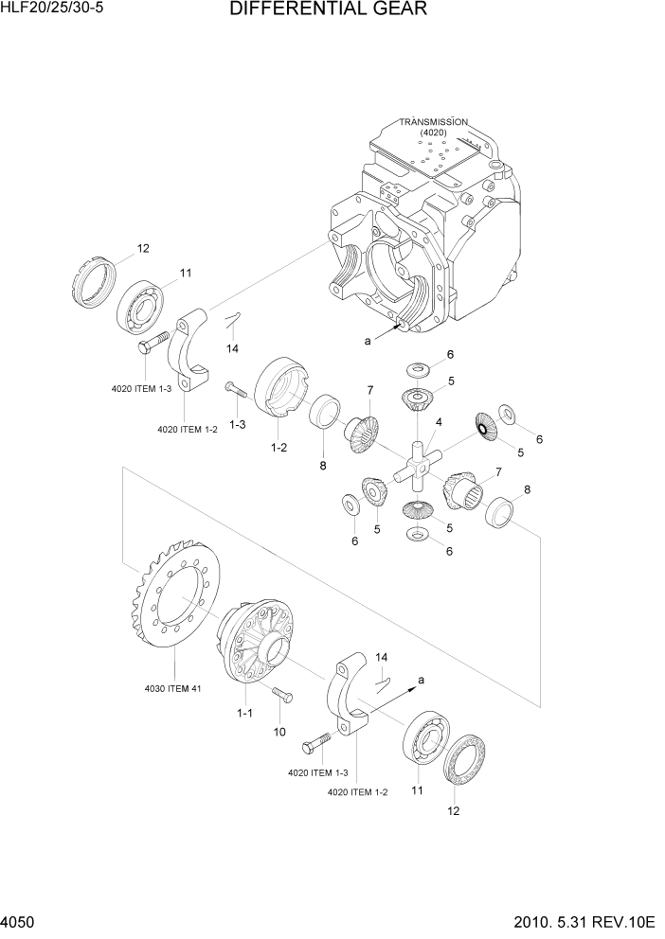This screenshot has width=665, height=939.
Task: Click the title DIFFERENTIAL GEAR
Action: (x=328, y=10)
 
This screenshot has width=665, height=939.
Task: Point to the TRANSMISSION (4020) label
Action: (x=433, y=128)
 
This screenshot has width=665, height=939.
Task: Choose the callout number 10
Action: (x=279, y=732)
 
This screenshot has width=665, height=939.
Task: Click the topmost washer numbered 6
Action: (x=417, y=368)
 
